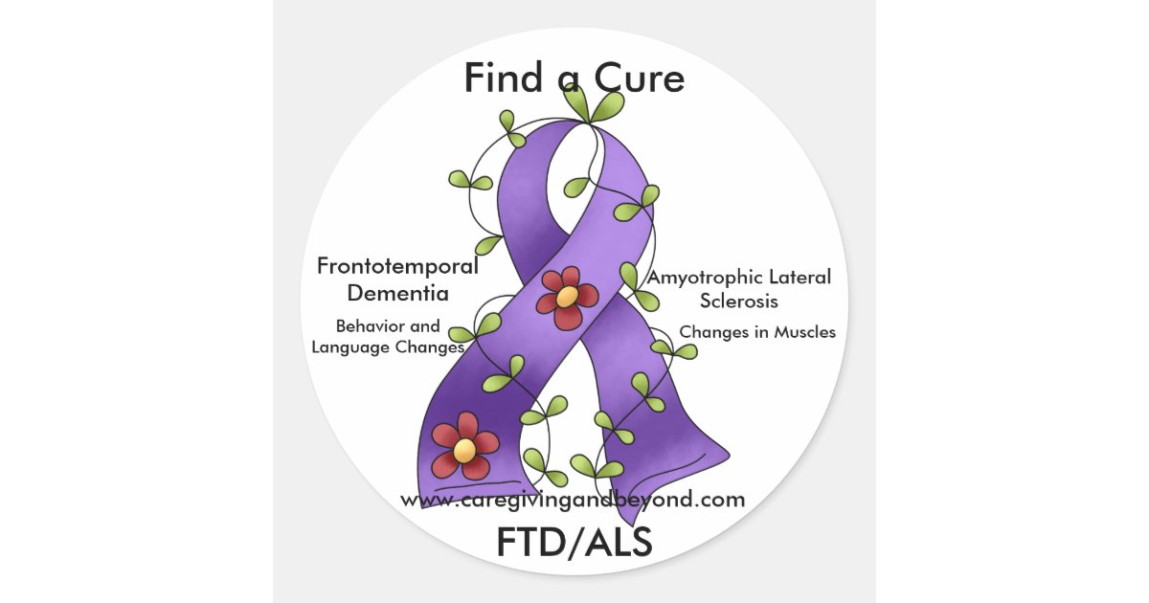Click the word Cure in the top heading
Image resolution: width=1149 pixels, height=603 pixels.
(x=642, y=78)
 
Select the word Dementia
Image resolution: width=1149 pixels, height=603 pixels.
(x=398, y=292)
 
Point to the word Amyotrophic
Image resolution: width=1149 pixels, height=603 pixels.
(x=694, y=278)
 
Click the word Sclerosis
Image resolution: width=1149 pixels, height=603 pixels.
(x=738, y=301)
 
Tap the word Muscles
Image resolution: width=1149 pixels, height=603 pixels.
(x=800, y=332)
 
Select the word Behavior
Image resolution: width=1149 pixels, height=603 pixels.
(x=362, y=326)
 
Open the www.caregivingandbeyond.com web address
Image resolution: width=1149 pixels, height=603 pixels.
(x=572, y=500)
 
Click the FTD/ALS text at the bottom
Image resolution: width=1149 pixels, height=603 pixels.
(x=574, y=543)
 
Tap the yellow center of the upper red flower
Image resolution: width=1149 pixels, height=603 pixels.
(x=567, y=297)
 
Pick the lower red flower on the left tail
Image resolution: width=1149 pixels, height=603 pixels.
(x=464, y=445)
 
